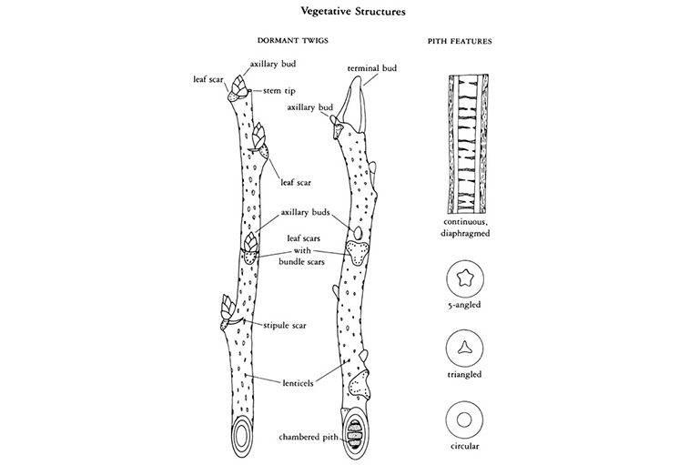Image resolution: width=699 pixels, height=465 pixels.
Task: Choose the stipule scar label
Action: click(286, 324)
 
